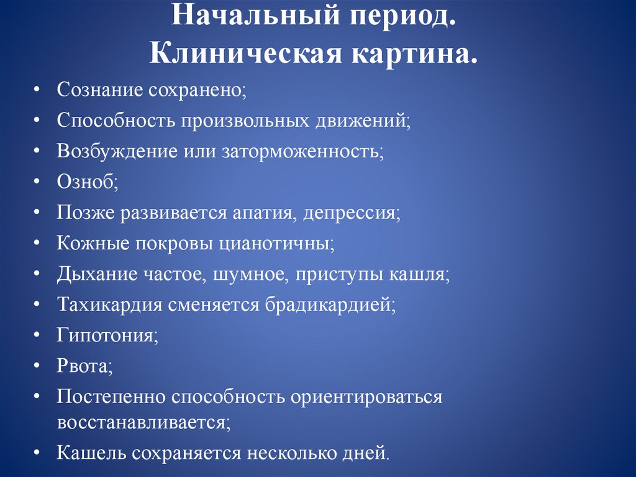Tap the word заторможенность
[x=301, y=151]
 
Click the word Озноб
[x=86, y=182]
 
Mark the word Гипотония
[x=106, y=336]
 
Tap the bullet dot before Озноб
[x=39, y=183]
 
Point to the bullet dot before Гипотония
[x=39, y=336]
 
